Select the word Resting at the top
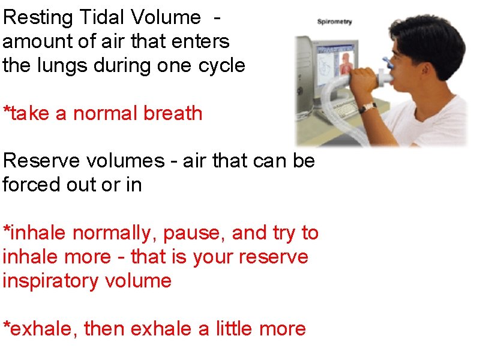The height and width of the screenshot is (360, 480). [x=37, y=18]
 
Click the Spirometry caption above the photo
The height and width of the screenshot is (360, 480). [x=334, y=22]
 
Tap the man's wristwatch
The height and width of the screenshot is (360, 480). [x=368, y=107]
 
